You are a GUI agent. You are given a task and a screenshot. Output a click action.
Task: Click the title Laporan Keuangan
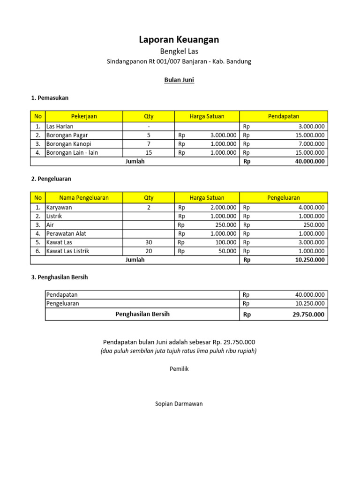coord(179,40)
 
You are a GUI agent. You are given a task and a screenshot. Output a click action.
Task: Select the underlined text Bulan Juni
coord(179,80)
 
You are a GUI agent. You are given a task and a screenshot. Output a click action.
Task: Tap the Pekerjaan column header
coord(84,116)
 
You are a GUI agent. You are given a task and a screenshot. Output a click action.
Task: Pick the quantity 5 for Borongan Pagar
coord(149,135)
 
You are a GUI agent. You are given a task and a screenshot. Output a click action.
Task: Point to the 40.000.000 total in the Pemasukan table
coord(307,161)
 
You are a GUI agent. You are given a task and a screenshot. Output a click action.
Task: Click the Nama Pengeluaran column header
coord(84,198)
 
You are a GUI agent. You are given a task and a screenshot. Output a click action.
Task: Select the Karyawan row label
coord(59,207)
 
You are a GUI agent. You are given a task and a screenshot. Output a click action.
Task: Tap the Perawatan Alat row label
coord(66,233)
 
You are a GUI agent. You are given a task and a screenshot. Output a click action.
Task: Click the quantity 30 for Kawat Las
coord(149,242)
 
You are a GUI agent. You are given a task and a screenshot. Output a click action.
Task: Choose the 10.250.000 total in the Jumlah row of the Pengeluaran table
coord(309,260)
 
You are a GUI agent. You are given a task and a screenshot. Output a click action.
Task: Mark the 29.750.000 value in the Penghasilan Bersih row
coord(308,315)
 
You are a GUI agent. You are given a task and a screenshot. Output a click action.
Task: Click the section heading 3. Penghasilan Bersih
coord(60,277)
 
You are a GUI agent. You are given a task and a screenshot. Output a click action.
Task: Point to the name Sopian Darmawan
coord(179,404)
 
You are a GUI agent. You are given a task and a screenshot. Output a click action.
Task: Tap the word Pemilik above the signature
coord(179,369)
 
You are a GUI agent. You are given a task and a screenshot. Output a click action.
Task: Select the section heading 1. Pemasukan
coord(50,98)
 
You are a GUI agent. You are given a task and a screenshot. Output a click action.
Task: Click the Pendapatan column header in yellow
coord(283,116)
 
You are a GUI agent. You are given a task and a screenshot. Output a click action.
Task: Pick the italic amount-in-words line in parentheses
coord(179,351)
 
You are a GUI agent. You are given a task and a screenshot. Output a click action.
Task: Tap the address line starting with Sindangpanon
coord(179,61)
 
